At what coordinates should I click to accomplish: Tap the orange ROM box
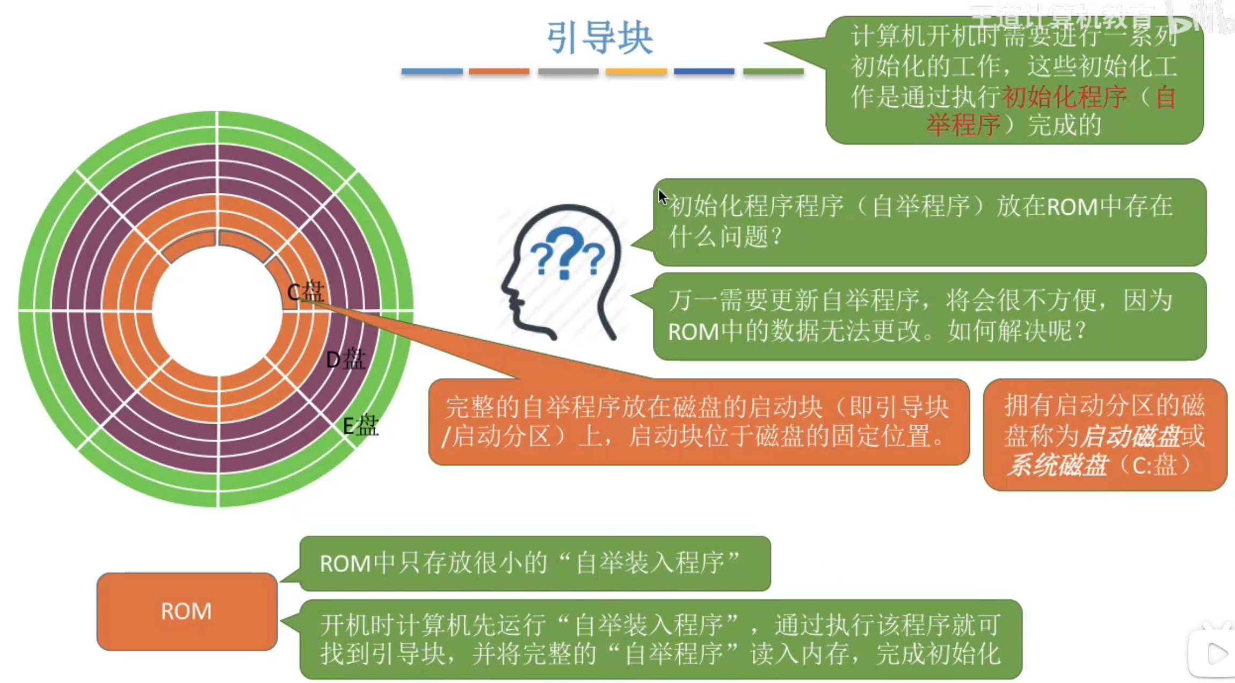(186, 611)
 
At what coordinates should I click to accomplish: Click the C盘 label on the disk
(306, 292)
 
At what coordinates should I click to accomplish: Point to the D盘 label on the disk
(345, 359)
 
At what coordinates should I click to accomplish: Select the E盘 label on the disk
(360, 426)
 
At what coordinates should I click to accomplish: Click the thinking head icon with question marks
(562, 271)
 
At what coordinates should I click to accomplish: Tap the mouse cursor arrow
(663, 197)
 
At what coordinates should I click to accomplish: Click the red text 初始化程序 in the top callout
(1064, 97)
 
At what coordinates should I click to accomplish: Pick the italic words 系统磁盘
(1056, 465)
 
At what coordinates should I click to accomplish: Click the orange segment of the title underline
(499, 71)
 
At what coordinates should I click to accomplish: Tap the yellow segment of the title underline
(636, 71)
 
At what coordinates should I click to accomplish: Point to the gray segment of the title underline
(568, 71)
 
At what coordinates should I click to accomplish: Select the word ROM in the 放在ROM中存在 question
(1072, 207)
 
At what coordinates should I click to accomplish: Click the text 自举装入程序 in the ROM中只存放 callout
(650, 564)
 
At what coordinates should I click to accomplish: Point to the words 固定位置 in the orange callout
(881, 436)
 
